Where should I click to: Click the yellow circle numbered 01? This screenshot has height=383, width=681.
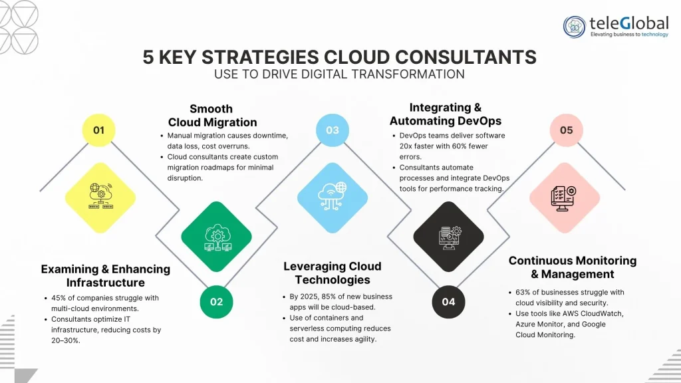tap(99, 130)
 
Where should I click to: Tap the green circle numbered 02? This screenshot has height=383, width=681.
tap(217, 301)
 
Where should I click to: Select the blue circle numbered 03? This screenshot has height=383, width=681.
tap(333, 130)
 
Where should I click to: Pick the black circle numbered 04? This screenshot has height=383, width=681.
tap(448, 301)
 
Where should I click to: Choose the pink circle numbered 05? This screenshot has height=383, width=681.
tap(566, 130)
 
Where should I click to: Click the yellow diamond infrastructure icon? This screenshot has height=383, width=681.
tap(100, 197)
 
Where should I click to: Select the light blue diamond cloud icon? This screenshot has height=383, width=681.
tap(333, 197)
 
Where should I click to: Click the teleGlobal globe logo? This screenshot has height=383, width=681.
tap(575, 27)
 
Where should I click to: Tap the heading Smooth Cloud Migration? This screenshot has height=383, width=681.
tap(212, 115)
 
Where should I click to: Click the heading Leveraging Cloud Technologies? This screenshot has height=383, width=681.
tap(333, 273)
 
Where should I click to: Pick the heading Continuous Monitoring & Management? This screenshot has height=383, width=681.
tap(573, 267)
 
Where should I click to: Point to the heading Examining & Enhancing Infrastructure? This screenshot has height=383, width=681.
tap(106, 276)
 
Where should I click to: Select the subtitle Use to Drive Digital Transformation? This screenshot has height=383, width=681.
tap(339, 74)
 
